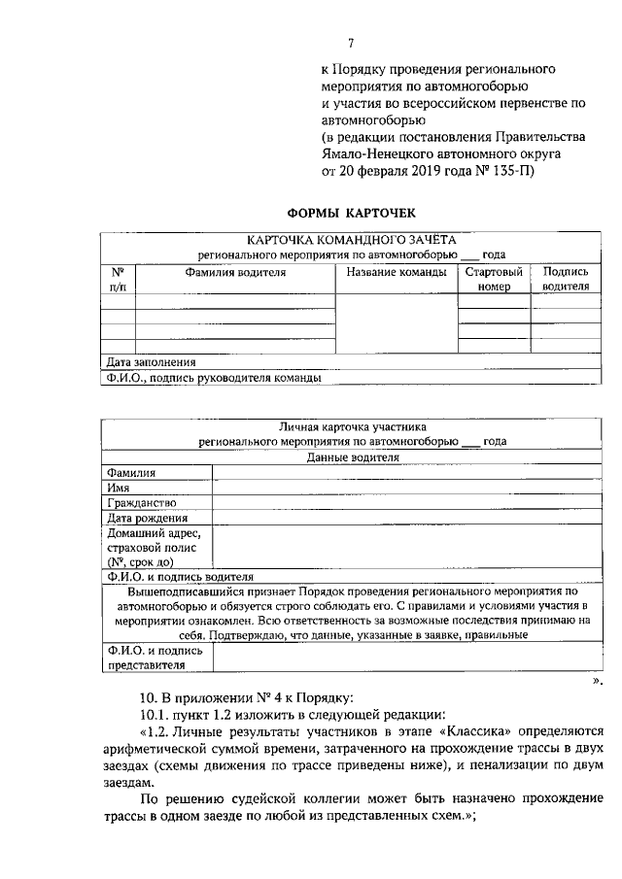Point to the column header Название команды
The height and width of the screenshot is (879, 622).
coord(396,273)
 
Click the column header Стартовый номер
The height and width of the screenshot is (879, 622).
coord(494,280)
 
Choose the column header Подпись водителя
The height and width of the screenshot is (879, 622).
coord(566,280)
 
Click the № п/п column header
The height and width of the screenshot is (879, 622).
coord(118,280)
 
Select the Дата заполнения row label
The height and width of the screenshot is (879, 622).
coord(145,362)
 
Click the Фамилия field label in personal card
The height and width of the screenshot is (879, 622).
coord(131,473)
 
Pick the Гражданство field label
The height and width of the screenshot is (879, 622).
coord(142,503)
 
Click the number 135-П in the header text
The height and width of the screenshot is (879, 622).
coord(509,170)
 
